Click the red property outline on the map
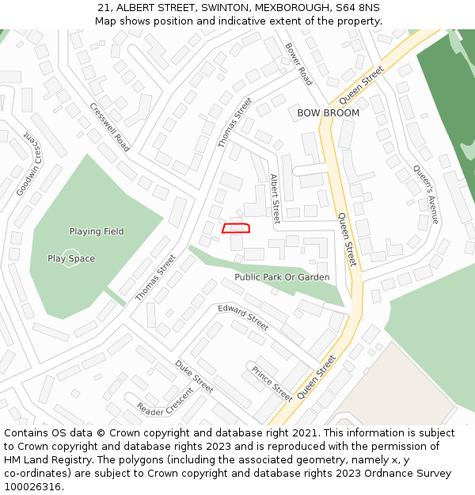click(x=236, y=228)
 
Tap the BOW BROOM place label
click(x=328, y=113)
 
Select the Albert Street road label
click(x=275, y=199)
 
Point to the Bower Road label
click(x=298, y=64)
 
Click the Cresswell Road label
click(x=110, y=128)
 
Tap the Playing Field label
click(x=97, y=231)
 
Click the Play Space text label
click(x=71, y=258)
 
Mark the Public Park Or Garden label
click(x=282, y=277)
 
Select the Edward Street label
click(x=243, y=317)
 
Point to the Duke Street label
click(x=194, y=376)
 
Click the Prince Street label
click(x=272, y=383)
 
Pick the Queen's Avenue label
click(x=425, y=194)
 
